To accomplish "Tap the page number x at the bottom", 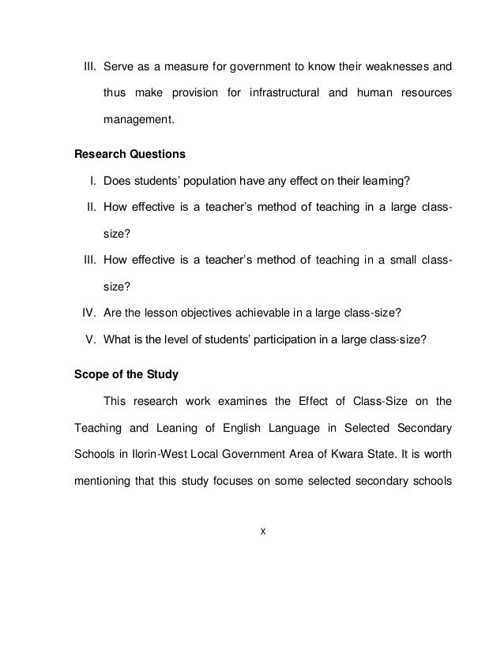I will pyautogui.click(x=263, y=530).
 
